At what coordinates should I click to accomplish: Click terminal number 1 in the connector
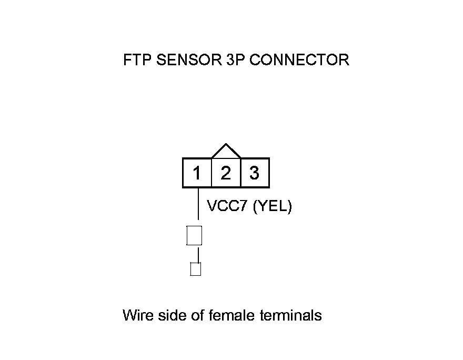tap(197, 173)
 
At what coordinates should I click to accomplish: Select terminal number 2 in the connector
tap(226, 173)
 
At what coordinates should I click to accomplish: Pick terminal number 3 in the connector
tap(255, 173)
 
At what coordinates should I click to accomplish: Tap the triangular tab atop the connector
tap(226, 152)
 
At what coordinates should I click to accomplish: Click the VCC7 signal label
tap(228, 207)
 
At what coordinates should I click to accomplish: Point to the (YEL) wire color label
tap(272, 207)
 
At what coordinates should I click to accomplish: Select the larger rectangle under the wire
tap(194, 235)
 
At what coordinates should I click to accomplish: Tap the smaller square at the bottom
tap(195, 269)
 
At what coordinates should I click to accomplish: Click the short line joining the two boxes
tap(198, 256)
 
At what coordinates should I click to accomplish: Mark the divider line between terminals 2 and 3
tap(240, 173)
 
